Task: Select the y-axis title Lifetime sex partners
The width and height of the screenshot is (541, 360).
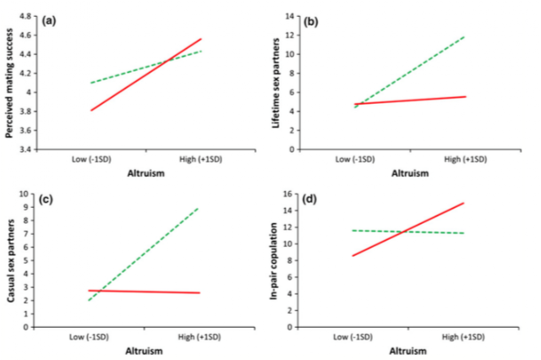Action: point(275,83)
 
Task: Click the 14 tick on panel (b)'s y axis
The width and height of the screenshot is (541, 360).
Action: point(287,16)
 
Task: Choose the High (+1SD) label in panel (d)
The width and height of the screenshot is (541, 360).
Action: point(465,336)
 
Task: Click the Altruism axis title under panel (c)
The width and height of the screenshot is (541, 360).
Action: point(144,350)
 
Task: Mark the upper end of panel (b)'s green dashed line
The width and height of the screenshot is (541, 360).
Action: point(466,36)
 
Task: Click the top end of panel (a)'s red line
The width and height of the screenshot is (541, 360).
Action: point(202,39)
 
